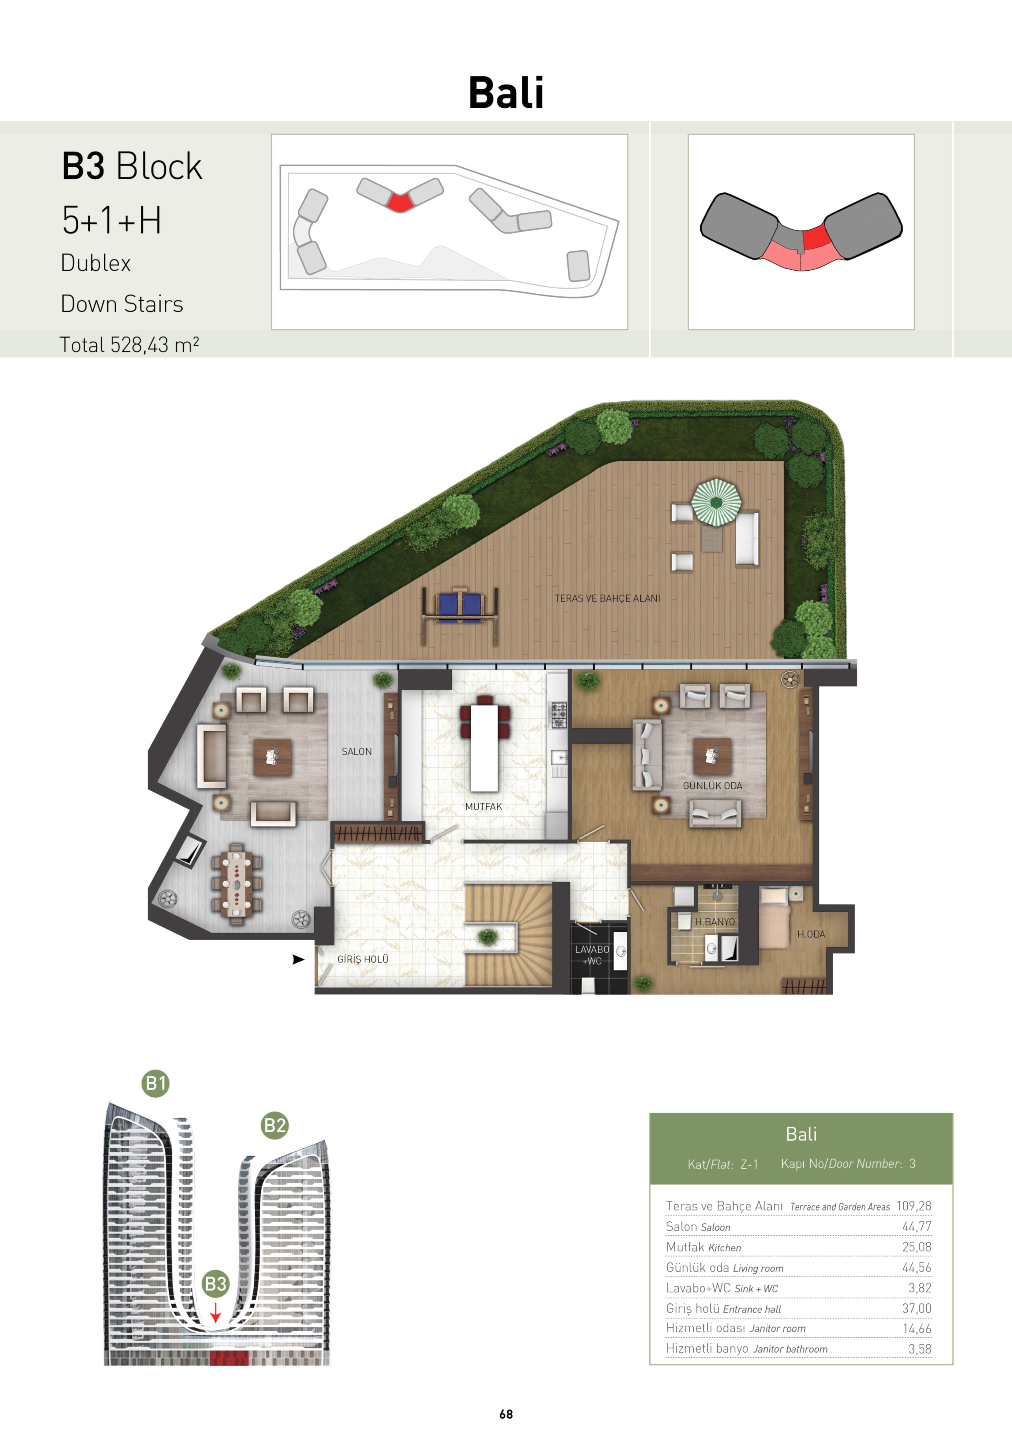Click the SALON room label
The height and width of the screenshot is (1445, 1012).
coord(357,752)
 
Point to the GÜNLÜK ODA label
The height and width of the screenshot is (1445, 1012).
coord(712,786)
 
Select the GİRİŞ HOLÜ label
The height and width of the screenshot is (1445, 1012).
coord(363,959)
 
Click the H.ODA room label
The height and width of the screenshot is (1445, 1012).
coord(811,934)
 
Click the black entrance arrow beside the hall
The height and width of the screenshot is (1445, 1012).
coord(298,959)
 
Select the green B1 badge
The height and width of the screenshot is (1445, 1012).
coord(155,1083)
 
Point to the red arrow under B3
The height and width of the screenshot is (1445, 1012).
coord(215,1312)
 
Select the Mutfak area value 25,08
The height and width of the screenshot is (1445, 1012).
coord(916,1247)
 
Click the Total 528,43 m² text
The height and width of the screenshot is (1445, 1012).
coord(129,345)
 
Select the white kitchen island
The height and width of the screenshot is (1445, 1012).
coord(484,748)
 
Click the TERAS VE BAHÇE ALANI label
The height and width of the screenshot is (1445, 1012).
coord(607,599)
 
